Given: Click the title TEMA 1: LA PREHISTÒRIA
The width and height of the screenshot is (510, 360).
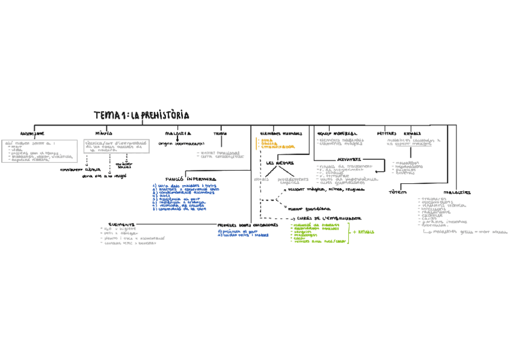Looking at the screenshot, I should point(141,115).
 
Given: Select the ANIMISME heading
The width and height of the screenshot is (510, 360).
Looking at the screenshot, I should point(32,133).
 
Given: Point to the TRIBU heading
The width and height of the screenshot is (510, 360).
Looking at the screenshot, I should point(220,133).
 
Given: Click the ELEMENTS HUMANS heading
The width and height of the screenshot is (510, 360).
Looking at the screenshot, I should point(281,133).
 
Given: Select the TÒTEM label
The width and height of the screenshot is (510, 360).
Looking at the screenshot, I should point(398,192).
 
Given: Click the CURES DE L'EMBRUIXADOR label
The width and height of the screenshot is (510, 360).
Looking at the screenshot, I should point(329,218).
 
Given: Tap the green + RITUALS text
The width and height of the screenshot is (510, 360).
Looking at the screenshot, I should point(364,232).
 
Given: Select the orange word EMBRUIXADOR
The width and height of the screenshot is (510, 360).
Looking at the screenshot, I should point(278,147).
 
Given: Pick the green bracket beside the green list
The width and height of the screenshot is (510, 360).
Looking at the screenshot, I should point(349,233).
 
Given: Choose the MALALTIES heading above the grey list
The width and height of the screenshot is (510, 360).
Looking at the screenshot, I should point(458,192).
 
